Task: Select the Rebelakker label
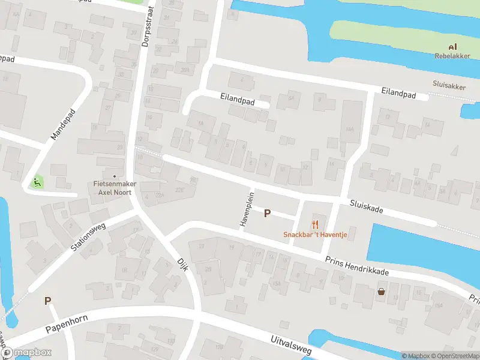click(x=452, y=56)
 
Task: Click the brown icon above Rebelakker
click(x=452, y=47)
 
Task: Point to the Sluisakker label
click(x=449, y=86)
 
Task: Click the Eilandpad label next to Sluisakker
click(x=398, y=94)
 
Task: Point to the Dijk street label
click(x=183, y=264)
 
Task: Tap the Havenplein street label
click(x=246, y=209)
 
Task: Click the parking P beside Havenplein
click(x=268, y=213)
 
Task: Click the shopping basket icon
click(x=380, y=292)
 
